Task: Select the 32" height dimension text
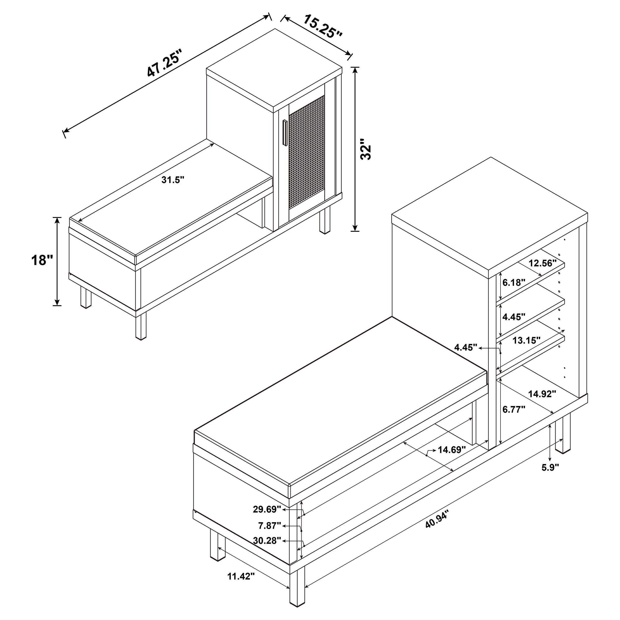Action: pos(366,149)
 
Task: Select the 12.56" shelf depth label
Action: pos(542,263)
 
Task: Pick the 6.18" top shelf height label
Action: pos(513,282)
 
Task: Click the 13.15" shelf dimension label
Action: pos(526,341)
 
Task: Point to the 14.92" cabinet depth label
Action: pos(542,394)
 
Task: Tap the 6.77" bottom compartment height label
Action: pos(513,409)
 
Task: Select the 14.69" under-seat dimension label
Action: pos(452,450)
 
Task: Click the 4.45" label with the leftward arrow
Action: pos(466,347)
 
